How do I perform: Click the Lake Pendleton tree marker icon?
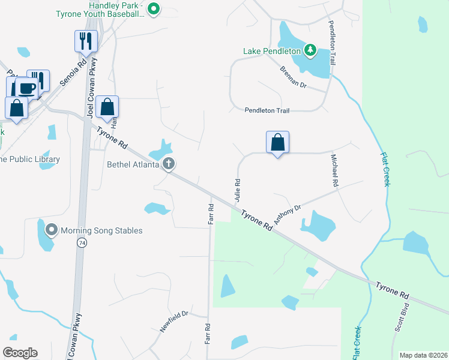click(310, 50)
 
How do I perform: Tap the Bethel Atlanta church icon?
click(169, 164)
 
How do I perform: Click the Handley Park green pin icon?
click(154, 9)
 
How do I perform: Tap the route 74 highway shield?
click(81, 242)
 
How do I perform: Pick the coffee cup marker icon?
click(27, 88)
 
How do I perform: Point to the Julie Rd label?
click(238, 190)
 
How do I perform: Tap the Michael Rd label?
click(335, 170)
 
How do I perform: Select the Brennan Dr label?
click(294, 77)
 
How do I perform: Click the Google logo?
click(20, 353)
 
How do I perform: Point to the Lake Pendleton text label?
click(271, 51)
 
